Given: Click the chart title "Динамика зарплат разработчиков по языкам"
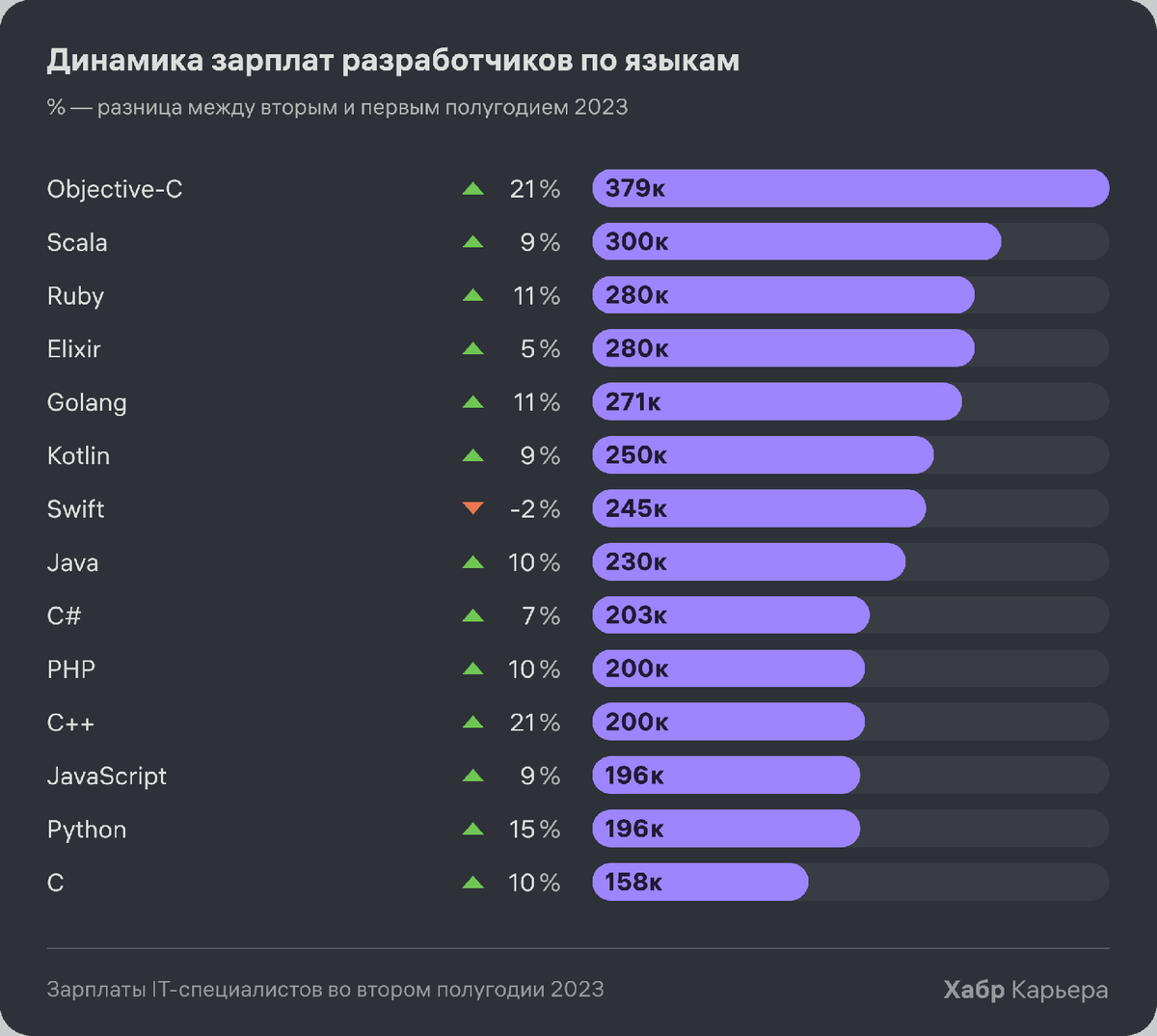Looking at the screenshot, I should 392,61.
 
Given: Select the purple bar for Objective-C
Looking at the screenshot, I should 850,188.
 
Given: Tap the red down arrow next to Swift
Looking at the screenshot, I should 472,508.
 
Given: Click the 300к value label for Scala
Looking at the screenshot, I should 636,242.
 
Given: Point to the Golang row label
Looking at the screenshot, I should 87,402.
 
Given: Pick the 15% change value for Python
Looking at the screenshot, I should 534,830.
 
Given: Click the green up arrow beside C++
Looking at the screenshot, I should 472,722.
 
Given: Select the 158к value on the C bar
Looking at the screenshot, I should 633,883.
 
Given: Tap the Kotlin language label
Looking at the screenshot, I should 78,455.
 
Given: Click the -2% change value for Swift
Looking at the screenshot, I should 534,509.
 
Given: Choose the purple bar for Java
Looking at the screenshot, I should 748,562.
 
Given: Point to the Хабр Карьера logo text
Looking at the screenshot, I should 1025,990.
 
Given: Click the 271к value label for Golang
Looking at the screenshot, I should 632,402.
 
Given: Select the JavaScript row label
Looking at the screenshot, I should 107,776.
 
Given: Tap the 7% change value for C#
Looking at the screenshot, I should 540,615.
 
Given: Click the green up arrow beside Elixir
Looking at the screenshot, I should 472,349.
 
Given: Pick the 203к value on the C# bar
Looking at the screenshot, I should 635,615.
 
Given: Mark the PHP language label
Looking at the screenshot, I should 71,669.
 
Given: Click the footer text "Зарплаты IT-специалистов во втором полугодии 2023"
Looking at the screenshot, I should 325,990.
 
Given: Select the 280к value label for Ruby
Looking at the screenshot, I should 636,295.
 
